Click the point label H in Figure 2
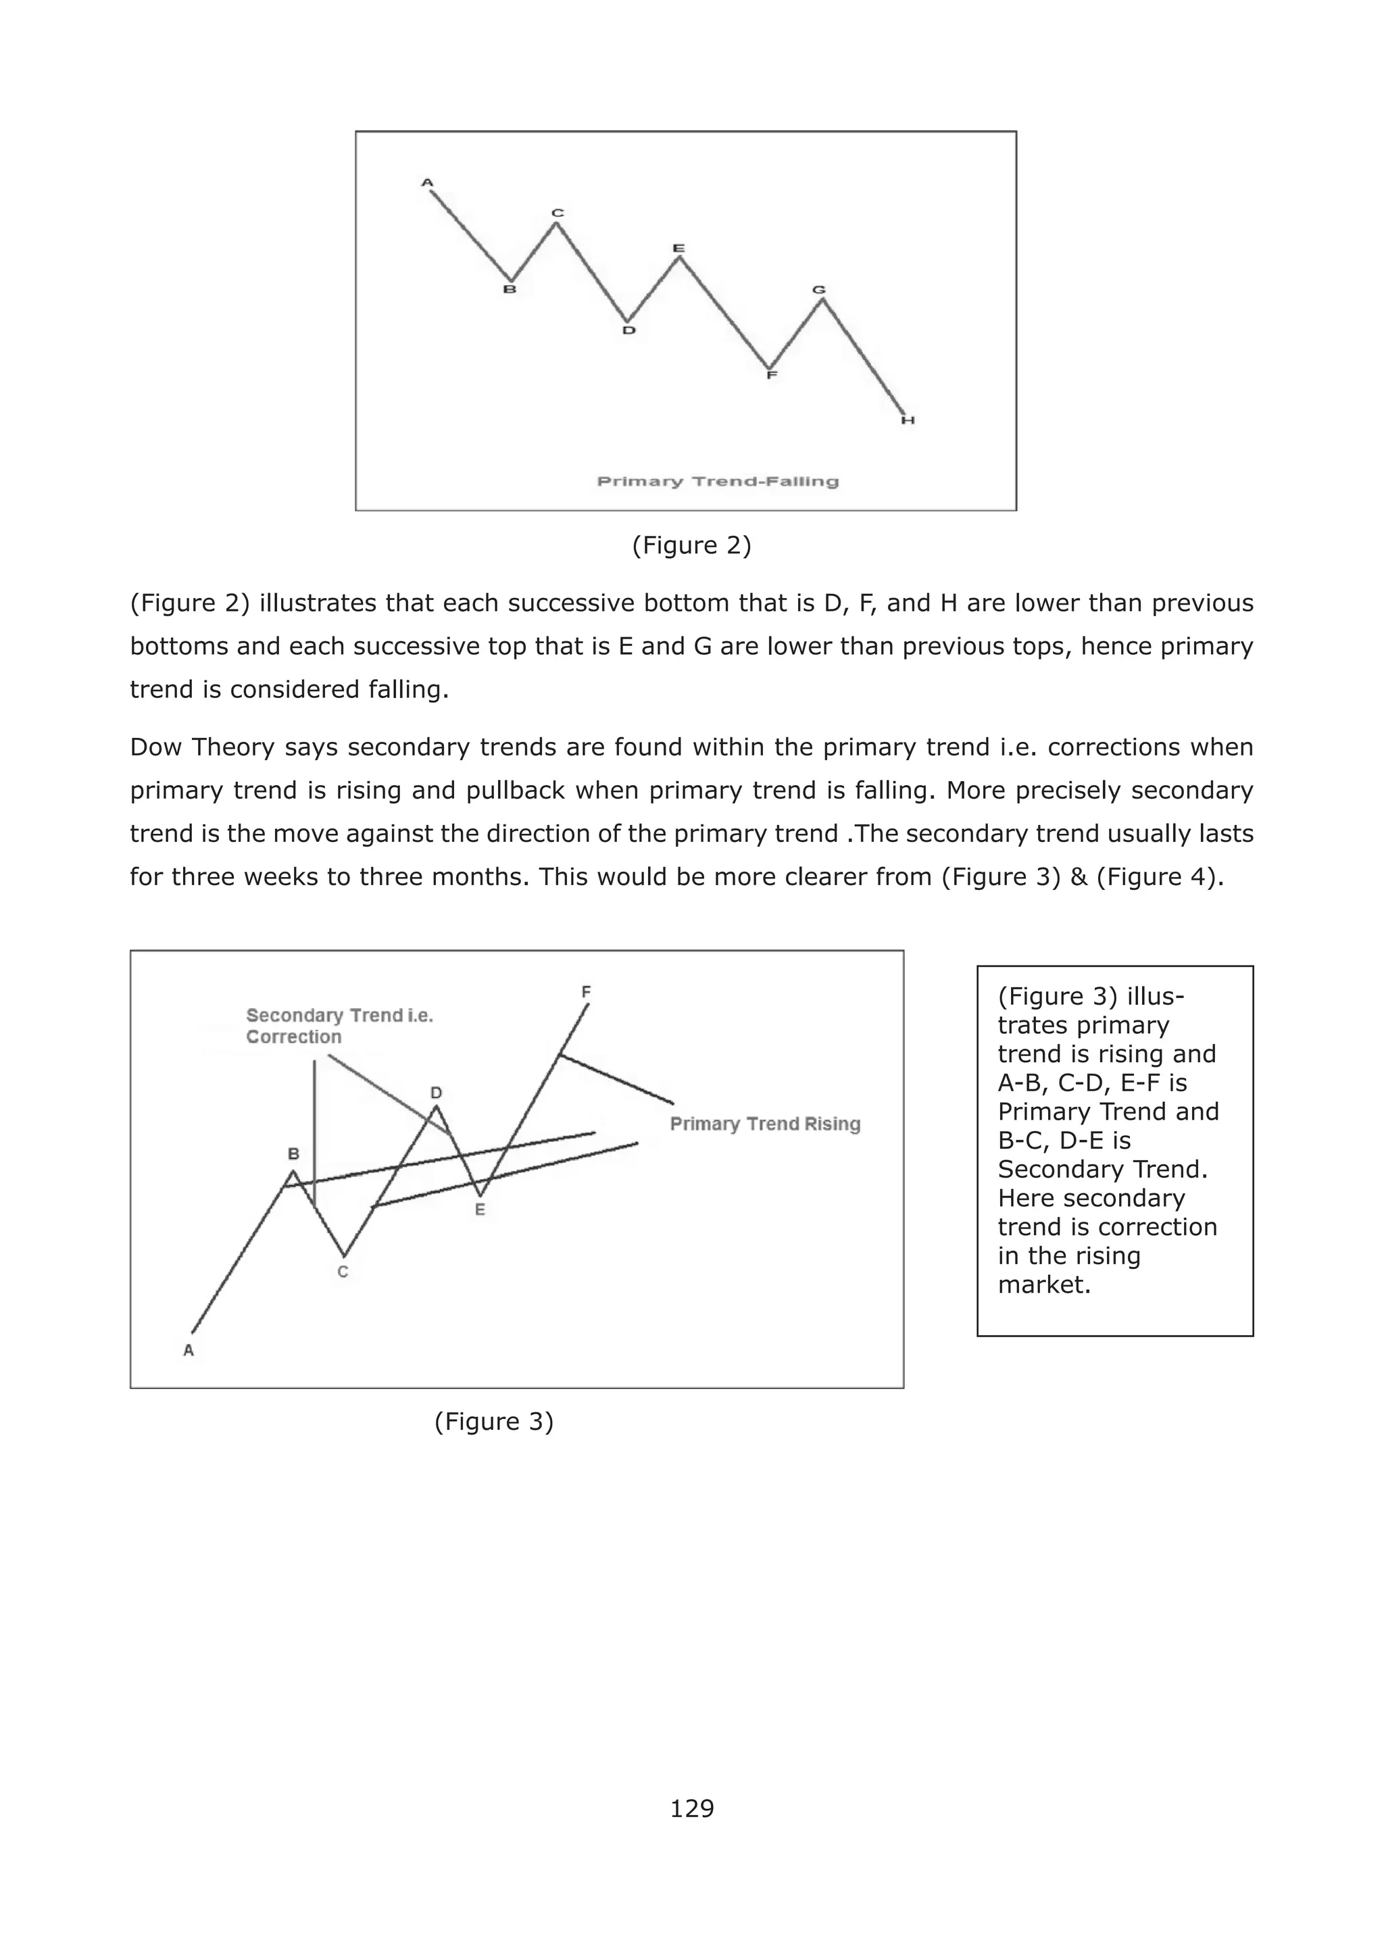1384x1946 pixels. tap(908, 420)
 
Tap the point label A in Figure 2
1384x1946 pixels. tap(427, 182)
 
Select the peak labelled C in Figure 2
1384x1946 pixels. tap(558, 213)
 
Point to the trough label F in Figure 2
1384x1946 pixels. tap(771, 374)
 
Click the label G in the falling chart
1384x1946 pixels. tap(819, 291)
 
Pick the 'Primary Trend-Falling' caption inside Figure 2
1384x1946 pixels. tap(718, 481)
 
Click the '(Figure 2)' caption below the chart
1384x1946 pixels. tap(691, 545)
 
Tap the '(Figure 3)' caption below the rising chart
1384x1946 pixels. tap(493, 1421)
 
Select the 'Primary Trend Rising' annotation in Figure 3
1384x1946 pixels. tap(764, 1124)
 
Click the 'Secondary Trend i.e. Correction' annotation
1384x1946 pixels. tap(339, 1026)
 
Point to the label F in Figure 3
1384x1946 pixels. tap(587, 992)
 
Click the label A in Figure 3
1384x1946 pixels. tap(189, 1351)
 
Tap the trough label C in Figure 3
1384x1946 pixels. tap(343, 1272)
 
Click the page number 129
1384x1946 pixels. tap(691, 1808)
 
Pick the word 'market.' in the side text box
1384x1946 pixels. tap(1044, 1285)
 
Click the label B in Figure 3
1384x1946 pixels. tap(293, 1155)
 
